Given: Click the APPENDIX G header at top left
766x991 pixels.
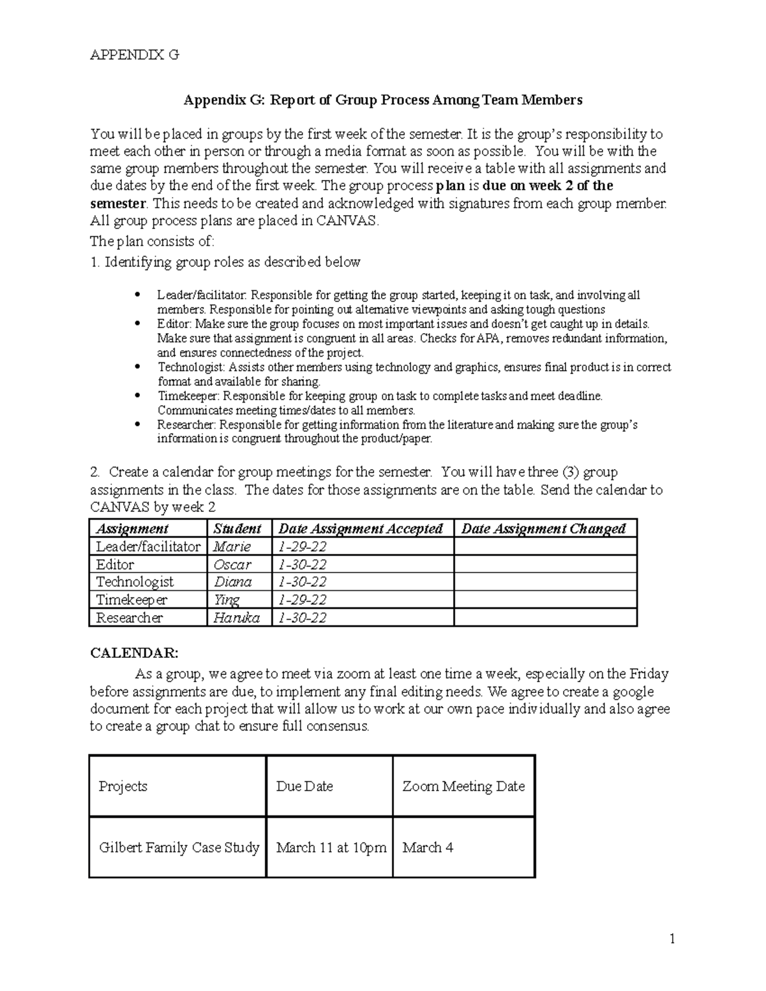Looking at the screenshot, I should [135, 55].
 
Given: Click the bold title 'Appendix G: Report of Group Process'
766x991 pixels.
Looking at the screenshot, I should [383, 100].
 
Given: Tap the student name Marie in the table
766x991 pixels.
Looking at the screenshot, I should [232, 547].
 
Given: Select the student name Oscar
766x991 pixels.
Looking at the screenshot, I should [232, 565].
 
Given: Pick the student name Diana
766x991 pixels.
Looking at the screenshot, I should [232, 582].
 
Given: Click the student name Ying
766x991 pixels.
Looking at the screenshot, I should [227, 600].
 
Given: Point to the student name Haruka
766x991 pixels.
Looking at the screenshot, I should [236, 618].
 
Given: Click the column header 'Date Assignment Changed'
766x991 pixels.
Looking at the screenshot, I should [543, 529].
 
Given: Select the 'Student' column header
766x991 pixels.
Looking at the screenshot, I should [237, 529].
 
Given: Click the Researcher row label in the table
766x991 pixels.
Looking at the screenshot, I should [130, 618].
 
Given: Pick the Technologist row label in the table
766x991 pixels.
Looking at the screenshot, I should [135, 582].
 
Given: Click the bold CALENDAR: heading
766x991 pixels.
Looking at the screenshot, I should [135, 653].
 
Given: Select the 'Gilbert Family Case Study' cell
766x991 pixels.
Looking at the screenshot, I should [179, 847].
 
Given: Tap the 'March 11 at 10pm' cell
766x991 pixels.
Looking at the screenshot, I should [331, 847].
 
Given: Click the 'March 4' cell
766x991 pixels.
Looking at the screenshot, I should [428, 847].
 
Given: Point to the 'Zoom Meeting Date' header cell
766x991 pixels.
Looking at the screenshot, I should [463, 786].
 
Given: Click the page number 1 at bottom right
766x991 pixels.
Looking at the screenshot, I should [672, 939].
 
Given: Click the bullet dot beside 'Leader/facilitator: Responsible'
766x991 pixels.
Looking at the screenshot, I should [139, 295].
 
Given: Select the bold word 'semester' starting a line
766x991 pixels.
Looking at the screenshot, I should [118, 204].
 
